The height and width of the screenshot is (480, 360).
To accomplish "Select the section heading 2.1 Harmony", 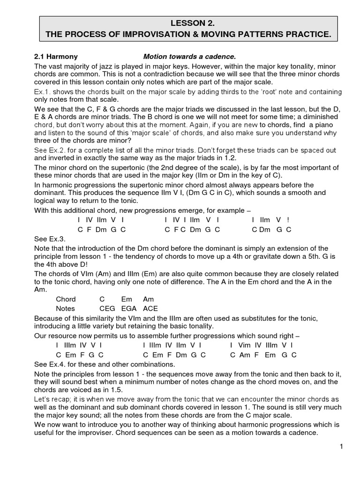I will [56, 56].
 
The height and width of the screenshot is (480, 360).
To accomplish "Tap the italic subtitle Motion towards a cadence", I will [186, 56].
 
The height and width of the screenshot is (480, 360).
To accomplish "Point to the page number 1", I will [342, 447].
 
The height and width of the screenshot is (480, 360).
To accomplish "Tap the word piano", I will [315, 125].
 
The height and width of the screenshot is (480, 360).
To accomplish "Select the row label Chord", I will [66, 299].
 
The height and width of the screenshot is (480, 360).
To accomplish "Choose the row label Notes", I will [66, 308].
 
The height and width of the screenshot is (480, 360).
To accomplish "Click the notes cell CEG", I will [107, 308].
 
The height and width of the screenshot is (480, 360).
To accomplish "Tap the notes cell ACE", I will [150, 308].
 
